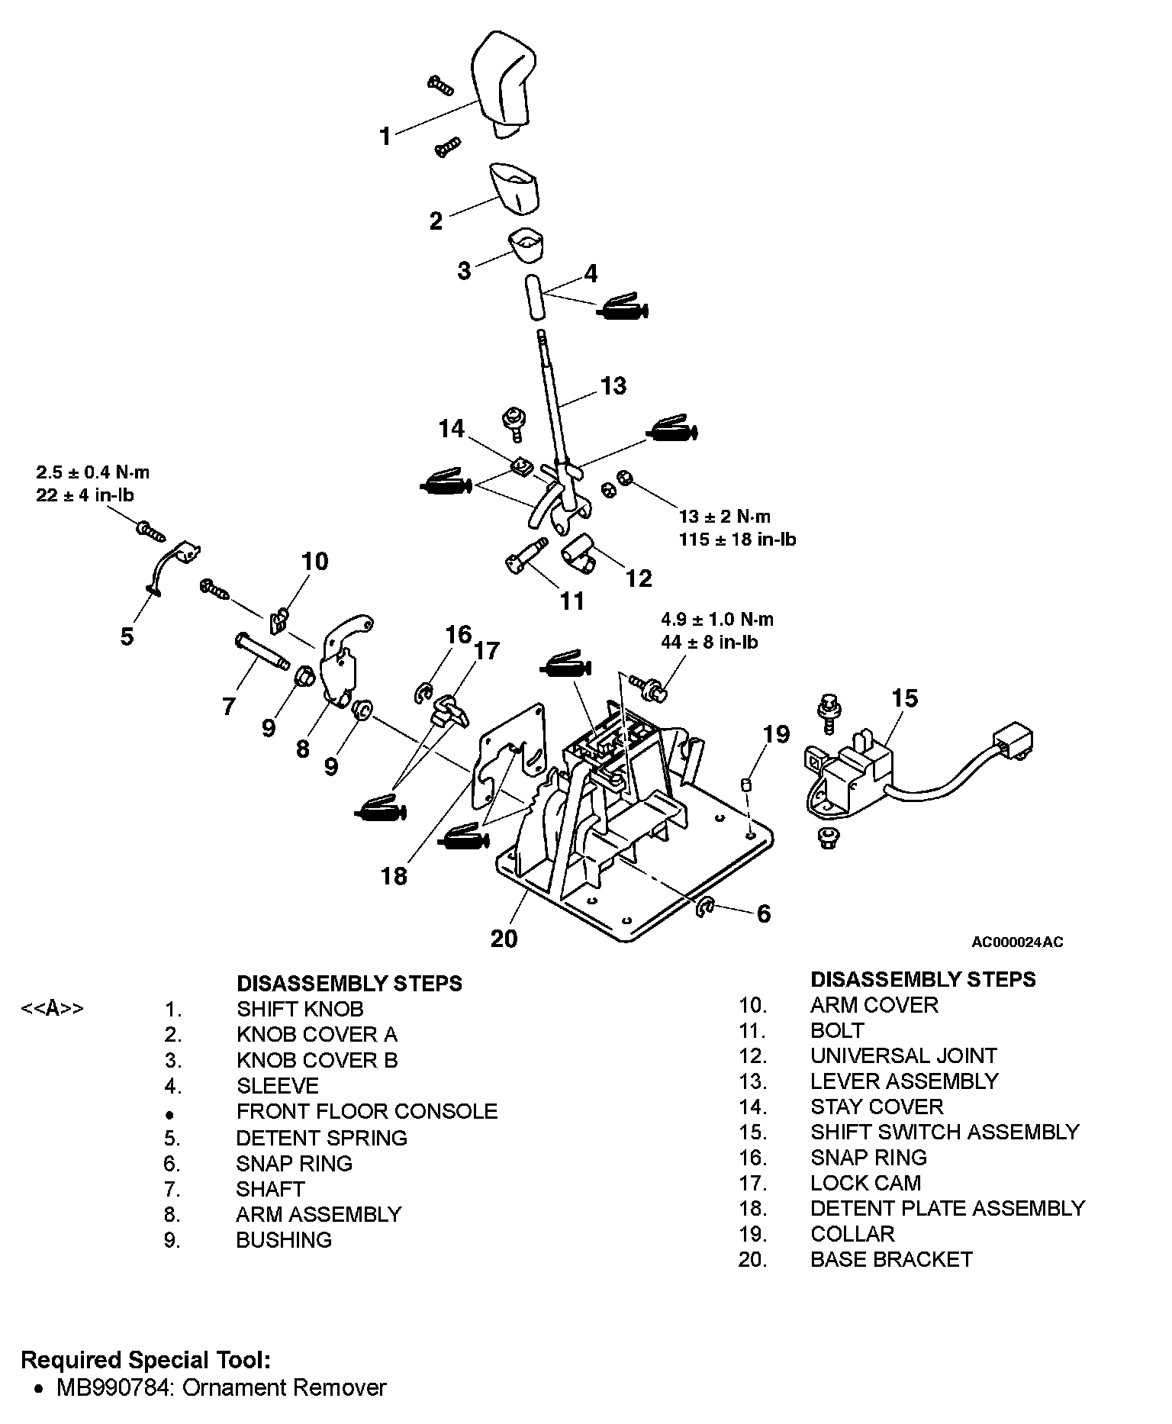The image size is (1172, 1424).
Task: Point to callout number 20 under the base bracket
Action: coord(504,937)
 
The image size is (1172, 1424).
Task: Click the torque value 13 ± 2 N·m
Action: coord(725,517)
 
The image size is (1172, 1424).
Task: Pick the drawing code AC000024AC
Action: coord(1017,942)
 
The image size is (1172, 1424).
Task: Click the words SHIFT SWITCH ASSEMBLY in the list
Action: coord(945,1132)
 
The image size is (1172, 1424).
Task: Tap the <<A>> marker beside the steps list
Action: coord(52,1008)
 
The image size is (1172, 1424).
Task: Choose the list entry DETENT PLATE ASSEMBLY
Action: coord(948,1208)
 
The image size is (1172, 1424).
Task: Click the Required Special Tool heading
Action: coord(145,1359)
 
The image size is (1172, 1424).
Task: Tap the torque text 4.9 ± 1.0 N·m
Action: coord(717,619)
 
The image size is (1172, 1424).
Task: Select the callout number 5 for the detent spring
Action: coord(127,636)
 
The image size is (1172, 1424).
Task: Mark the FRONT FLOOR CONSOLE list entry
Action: coord(367,1111)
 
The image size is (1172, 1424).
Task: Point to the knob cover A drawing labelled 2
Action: coord(513,187)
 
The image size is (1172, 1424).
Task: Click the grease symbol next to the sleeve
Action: coord(623,307)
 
